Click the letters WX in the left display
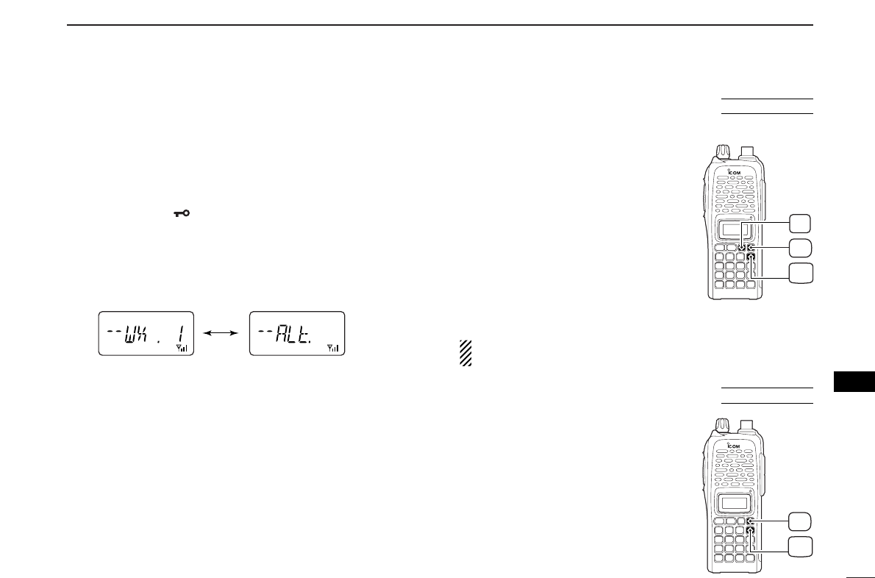(x=138, y=333)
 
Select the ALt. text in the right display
(x=292, y=334)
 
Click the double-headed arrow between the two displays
(x=221, y=333)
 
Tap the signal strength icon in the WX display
(x=183, y=347)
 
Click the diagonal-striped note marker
(x=465, y=354)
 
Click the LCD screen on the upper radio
(x=732, y=230)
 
